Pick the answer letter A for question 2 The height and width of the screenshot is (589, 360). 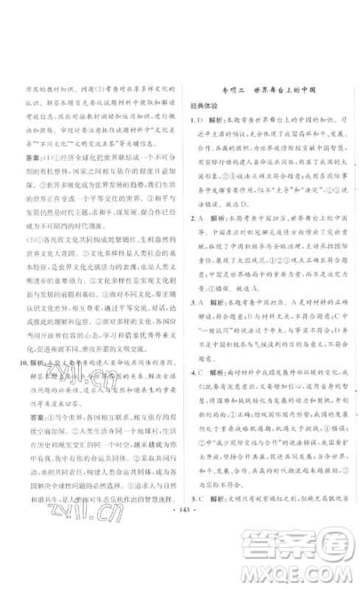tap(199, 218)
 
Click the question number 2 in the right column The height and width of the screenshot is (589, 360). tap(190, 218)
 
